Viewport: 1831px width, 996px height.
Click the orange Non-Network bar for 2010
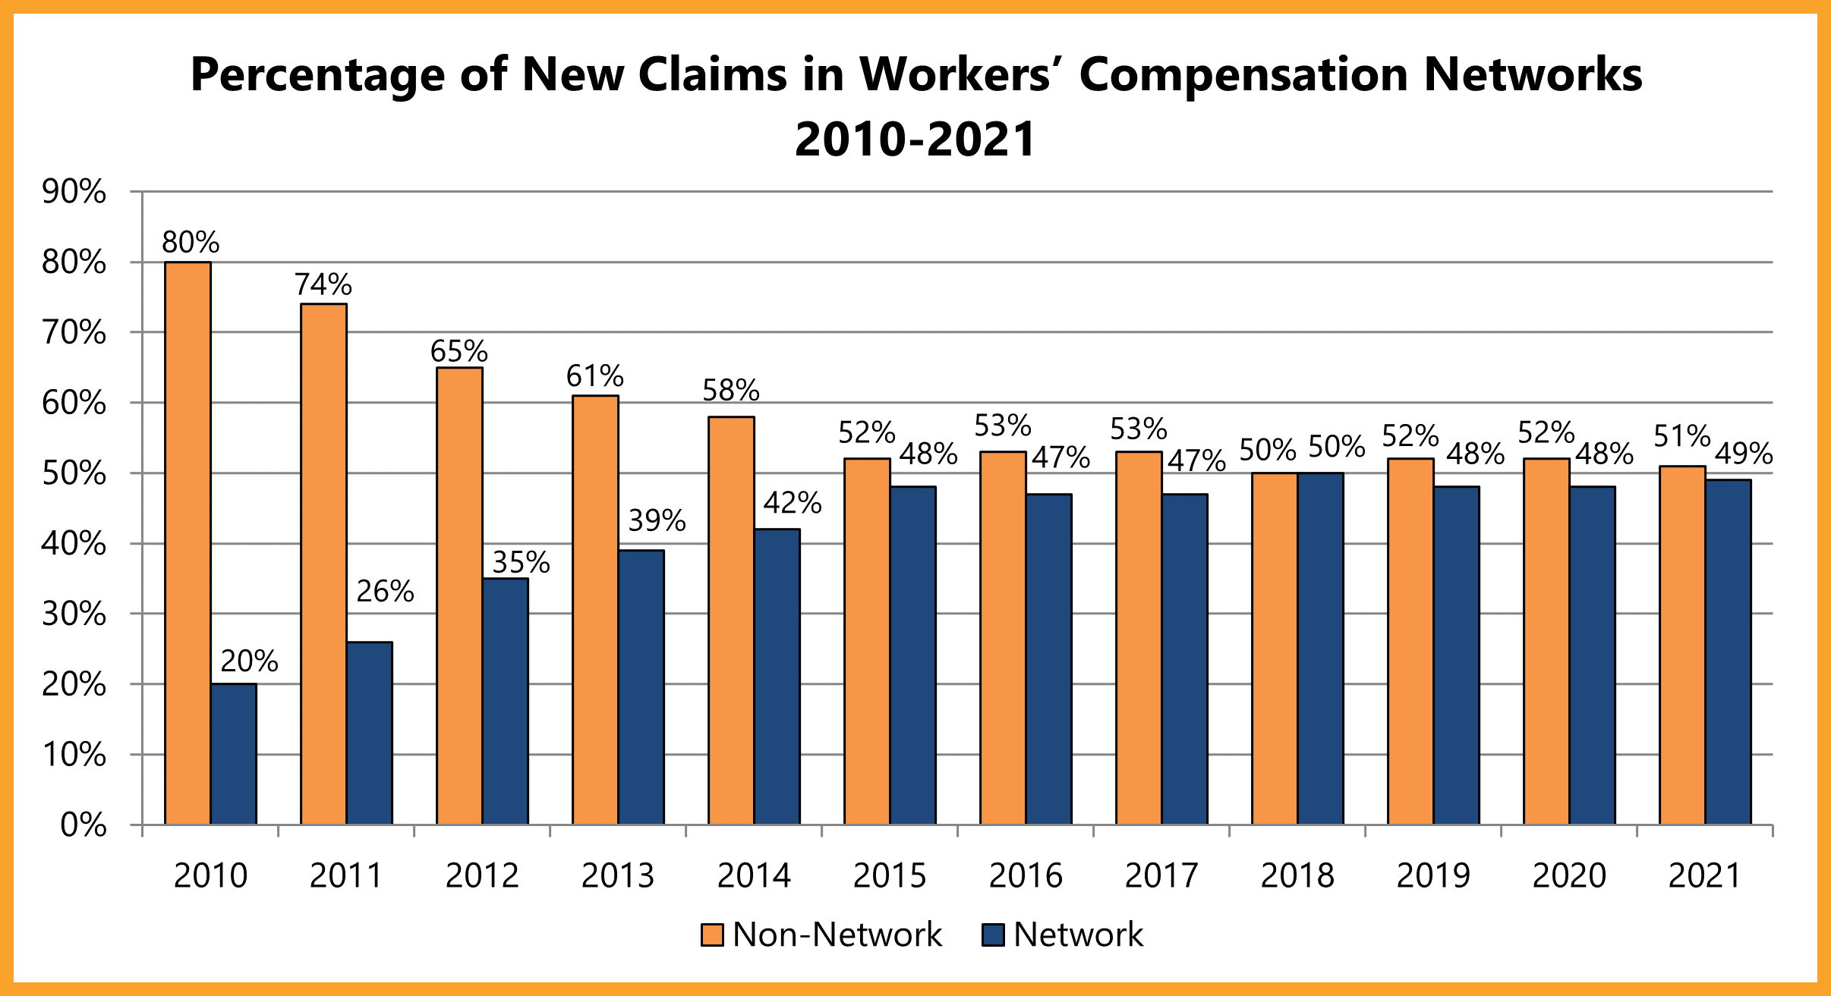point(188,542)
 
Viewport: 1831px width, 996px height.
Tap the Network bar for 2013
point(641,687)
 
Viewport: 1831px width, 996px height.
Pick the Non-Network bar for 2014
point(731,620)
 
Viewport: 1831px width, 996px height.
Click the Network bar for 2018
point(1320,648)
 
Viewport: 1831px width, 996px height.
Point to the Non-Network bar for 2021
point(1682,645)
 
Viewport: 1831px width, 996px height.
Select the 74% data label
point(323,284)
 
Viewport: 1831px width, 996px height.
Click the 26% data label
point(385,592)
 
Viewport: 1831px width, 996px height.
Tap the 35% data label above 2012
point(521,563)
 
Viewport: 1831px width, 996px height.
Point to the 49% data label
point(1744,454)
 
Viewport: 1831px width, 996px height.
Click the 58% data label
point(730,390)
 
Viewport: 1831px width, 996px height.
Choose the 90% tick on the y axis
point(74,192)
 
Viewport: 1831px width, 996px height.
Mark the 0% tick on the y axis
point(83,825)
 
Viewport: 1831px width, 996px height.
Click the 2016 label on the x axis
point(1026,876)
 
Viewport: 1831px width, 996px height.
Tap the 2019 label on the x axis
point(1433,876)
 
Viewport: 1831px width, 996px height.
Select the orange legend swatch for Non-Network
point(712,935)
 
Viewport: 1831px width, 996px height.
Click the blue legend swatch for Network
point(993,935)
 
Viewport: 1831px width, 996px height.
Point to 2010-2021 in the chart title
point(915,140)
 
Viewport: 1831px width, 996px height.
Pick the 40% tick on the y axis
point(74,544)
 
